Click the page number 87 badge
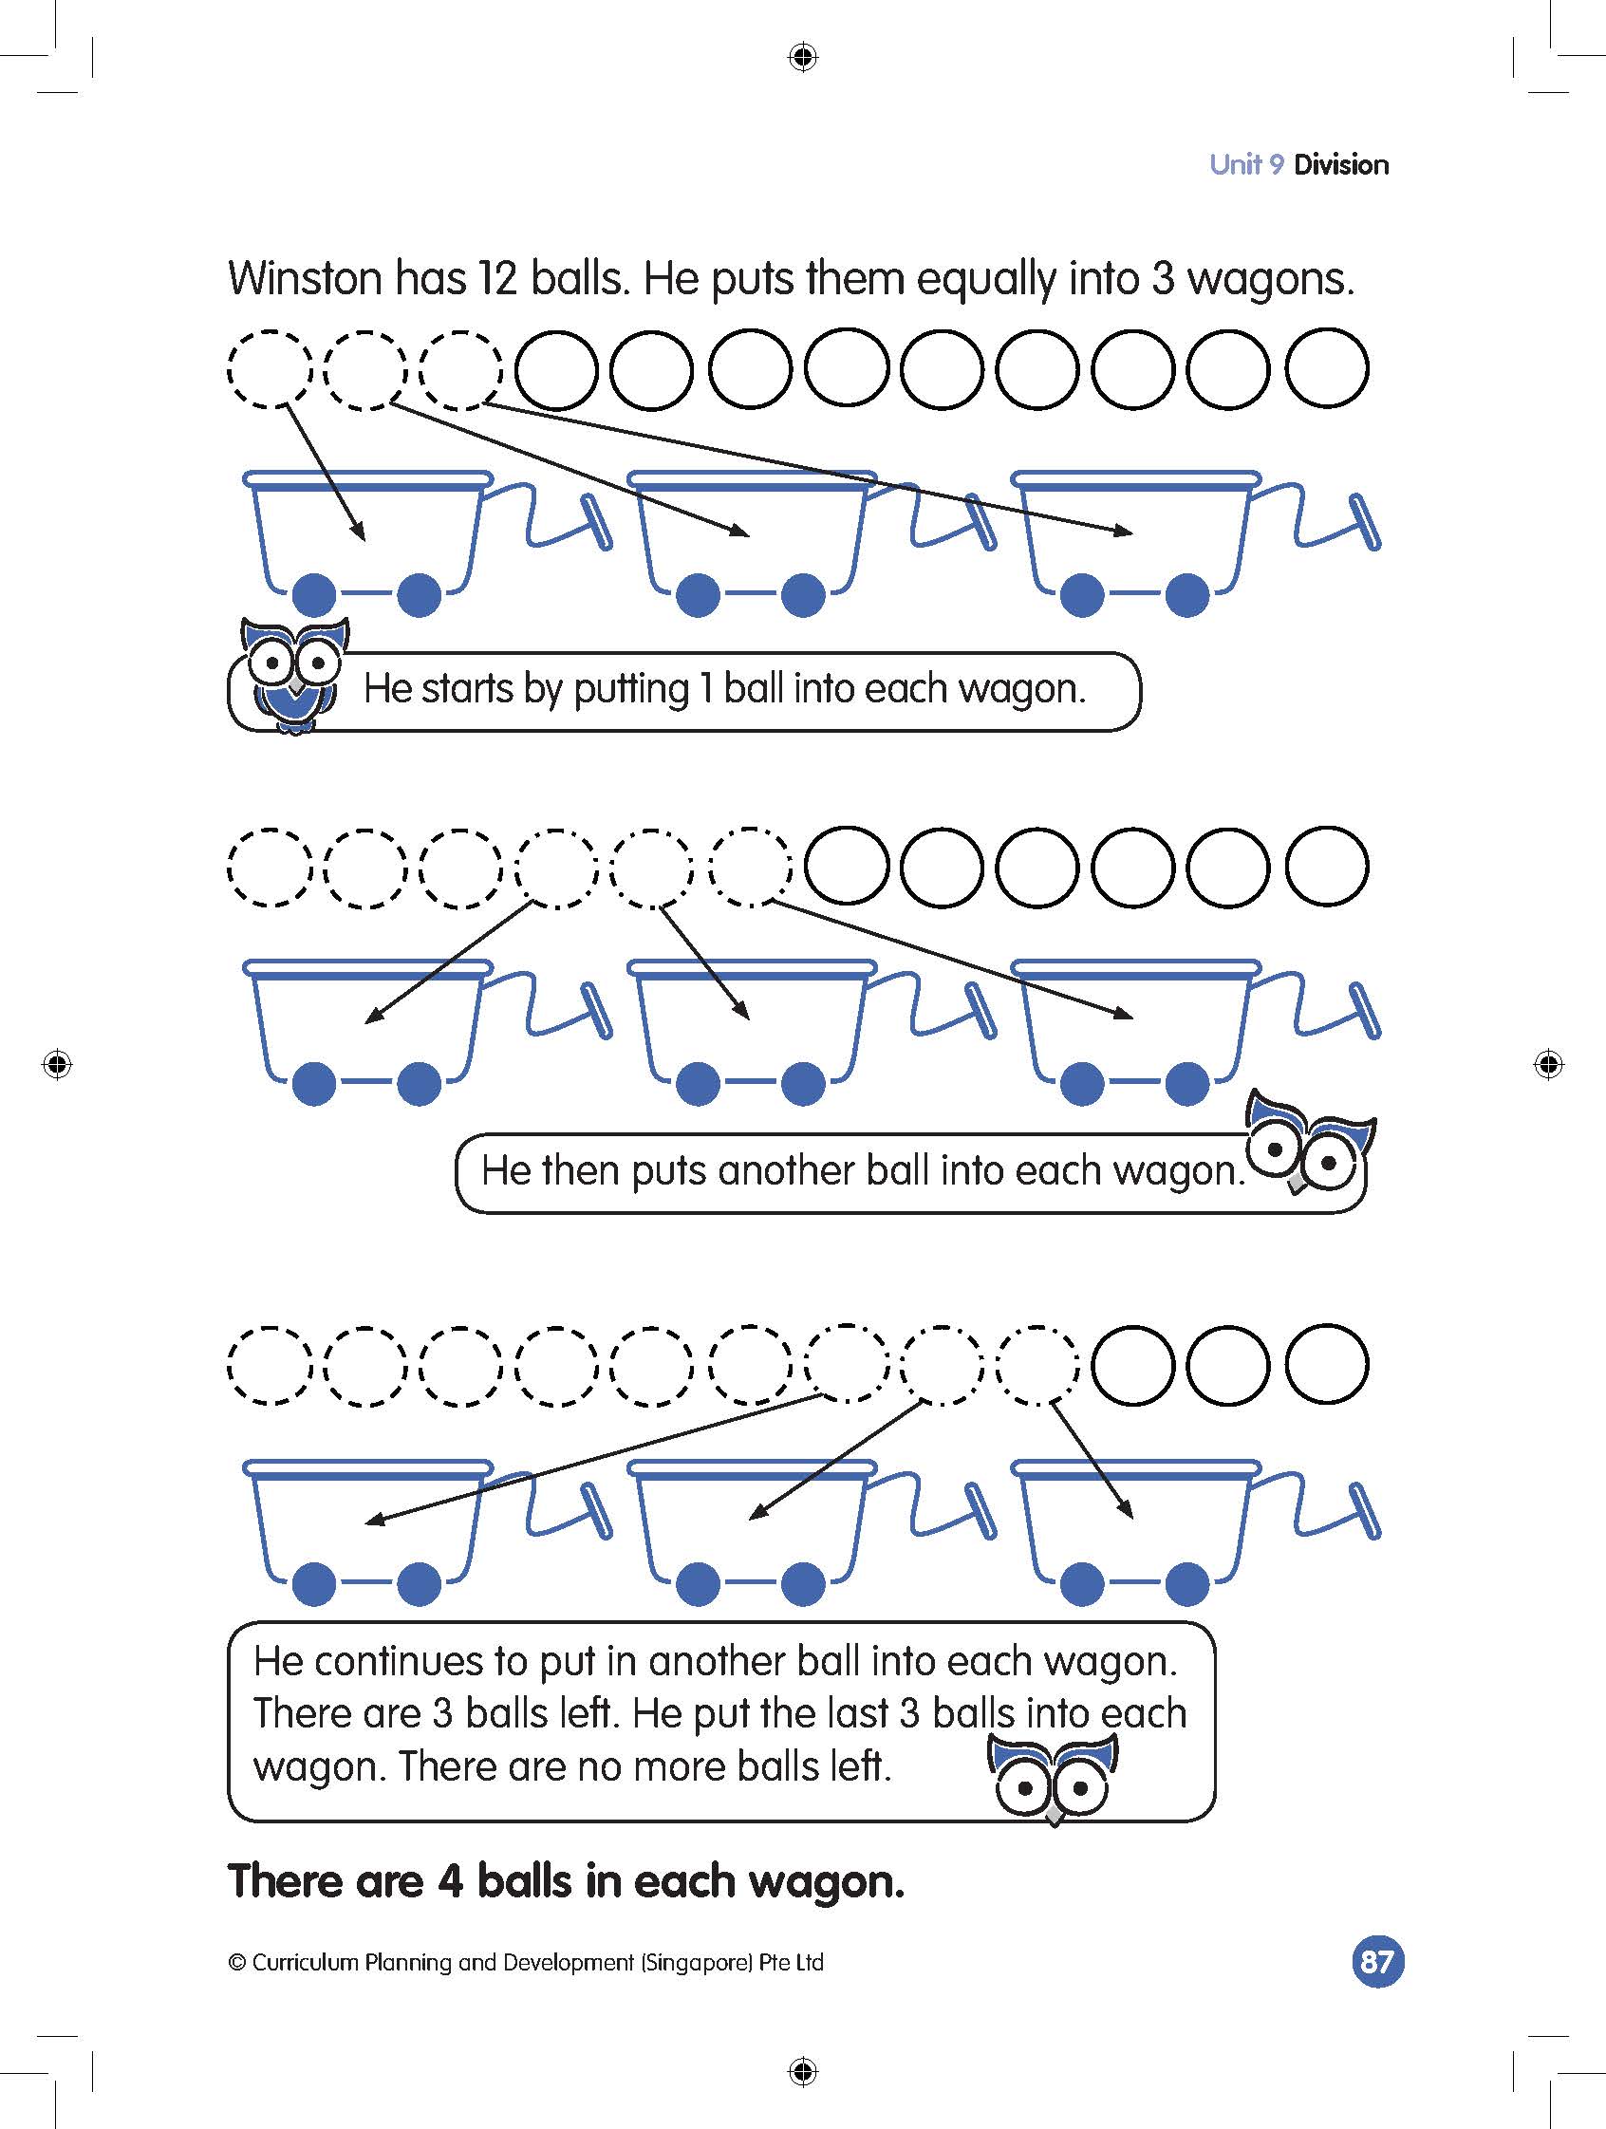[x=1377, y=1961]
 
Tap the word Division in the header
[x=1340, y=164]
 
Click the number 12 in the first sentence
[x=492, y=279]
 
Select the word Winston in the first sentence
[x=304, y=279]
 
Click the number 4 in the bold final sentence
[x=450, y=1879]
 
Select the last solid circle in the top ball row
[x=1327, y=368]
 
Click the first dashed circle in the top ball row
[x=270, y=369]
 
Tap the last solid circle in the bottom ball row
[x=1327, y=1365]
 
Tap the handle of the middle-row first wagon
[x=597, y=1010]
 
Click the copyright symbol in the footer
[x=236, y=1963]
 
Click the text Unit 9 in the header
[x=1246, y=164]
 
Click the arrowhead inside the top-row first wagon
[x=359, y=533]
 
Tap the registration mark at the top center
[x=801, y=58]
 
